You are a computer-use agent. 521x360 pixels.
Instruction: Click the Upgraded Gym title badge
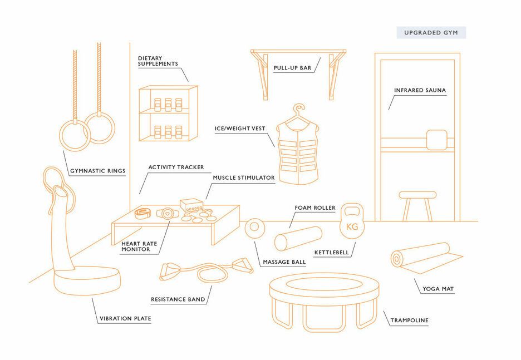pos(431,32)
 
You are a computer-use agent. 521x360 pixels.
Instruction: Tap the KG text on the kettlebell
pos(352,227)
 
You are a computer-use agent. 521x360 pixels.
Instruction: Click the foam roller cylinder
pos(298,239)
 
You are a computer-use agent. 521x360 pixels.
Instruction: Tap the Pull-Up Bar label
pos(292,68)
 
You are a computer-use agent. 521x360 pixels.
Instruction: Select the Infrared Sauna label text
pos(420,90)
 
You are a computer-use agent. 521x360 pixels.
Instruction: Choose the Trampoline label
pos(409,320)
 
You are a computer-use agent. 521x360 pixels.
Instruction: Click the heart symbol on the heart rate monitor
pos(168,213)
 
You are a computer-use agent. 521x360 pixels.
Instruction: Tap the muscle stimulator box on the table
pos(191,205)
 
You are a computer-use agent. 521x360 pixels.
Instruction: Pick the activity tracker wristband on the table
pos(144,213)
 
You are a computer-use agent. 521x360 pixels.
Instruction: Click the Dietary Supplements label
pos(158,61)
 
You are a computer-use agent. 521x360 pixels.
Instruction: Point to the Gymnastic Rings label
pos(98,171)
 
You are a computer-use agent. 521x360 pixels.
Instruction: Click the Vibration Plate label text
pos(125,318)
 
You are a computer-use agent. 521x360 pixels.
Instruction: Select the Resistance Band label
pos(178,299)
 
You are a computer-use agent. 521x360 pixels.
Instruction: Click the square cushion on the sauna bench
pos(436,140)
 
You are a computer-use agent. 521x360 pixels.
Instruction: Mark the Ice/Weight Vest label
pos(240,129)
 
